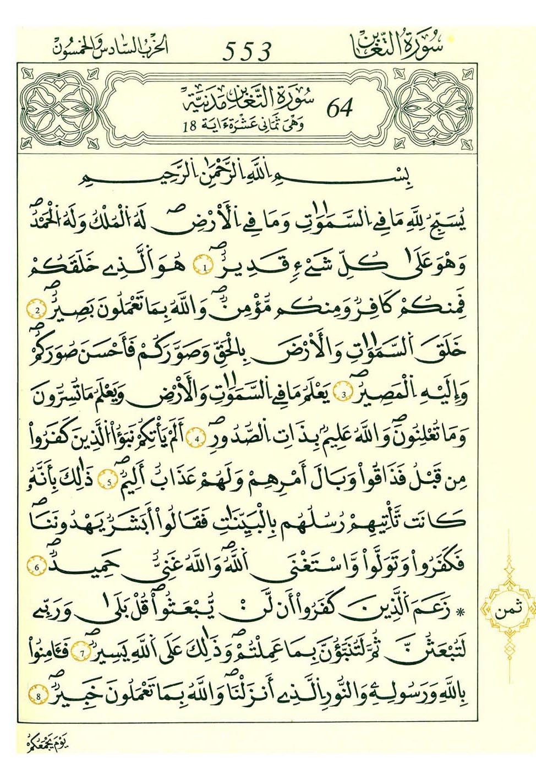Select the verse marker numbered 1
coord(205,269)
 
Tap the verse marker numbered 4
coord(196,439)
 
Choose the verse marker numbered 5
coord(110,482)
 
